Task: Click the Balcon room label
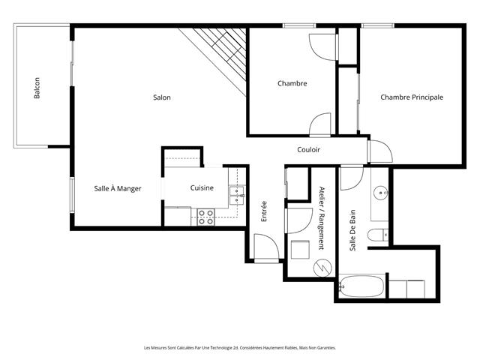37,88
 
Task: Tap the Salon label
162,97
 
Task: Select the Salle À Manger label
118,188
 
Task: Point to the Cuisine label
202,187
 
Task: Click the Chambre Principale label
412,97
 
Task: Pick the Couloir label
308,149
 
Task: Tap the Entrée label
264,211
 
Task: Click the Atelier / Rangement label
322,218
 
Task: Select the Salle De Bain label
353,230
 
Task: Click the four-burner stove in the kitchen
205,217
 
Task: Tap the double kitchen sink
237,195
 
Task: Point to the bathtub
361,286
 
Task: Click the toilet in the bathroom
378,235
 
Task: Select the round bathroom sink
381,193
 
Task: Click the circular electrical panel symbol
322,268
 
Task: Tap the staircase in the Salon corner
220,55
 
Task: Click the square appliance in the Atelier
300,250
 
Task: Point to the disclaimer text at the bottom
240,348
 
